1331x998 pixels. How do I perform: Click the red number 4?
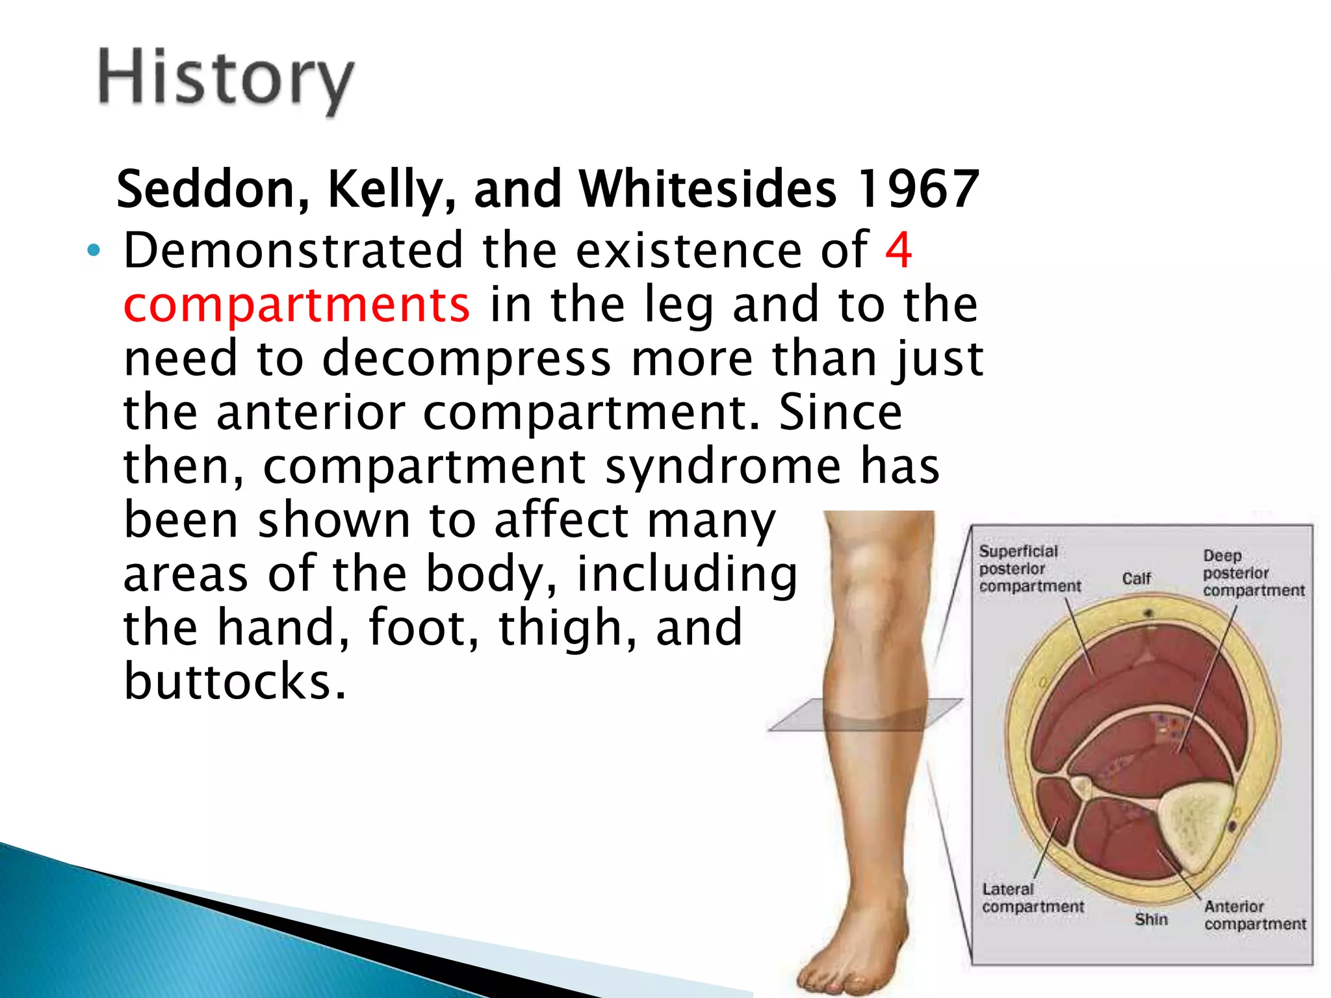click(x=899, y=250)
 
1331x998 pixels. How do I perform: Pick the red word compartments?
click(x=296, y=305)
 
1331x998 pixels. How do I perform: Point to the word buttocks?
click(x=235, y=682)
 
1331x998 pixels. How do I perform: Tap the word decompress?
click(x=466, y=359)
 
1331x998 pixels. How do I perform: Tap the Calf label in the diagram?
click(x=1136, y=578)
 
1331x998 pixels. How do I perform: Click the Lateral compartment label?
click(x=1031, y=898)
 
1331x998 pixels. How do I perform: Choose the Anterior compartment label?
click(x=1254, y=915)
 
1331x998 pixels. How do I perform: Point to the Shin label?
click(x=1151, y=919)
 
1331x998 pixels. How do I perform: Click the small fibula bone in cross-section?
click(x=1081, y=787)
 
